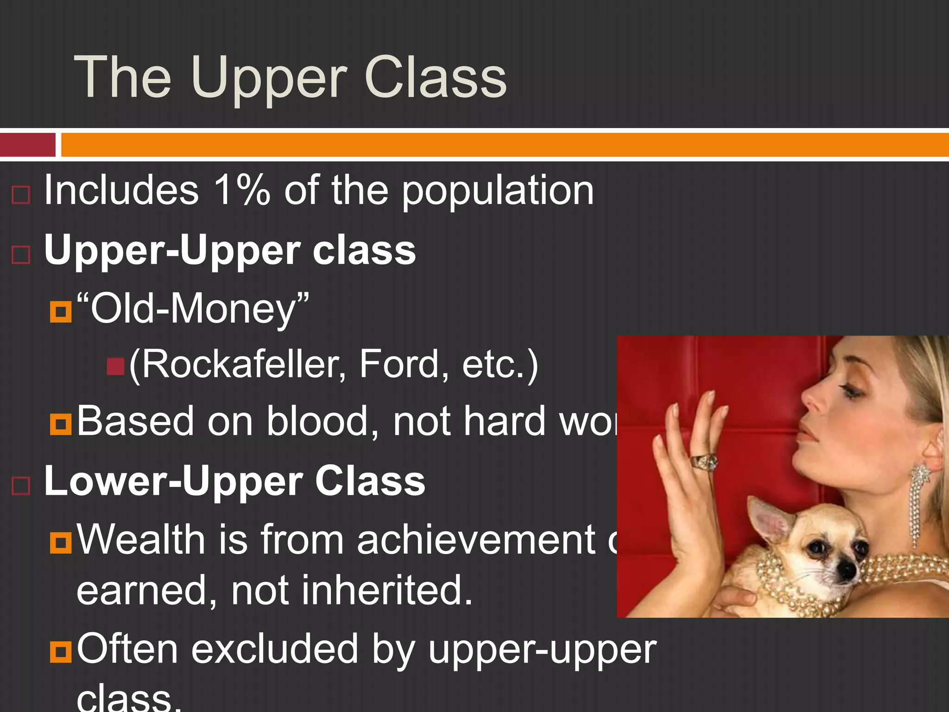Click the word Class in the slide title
tap(436, 77)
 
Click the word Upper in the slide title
tap(268, 79)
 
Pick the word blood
tap(323, 421)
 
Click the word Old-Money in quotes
tap(192, 309)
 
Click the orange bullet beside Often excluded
tap(61, 651)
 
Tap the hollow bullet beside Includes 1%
tap(21, 195)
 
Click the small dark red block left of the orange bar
tap(27, 145)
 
